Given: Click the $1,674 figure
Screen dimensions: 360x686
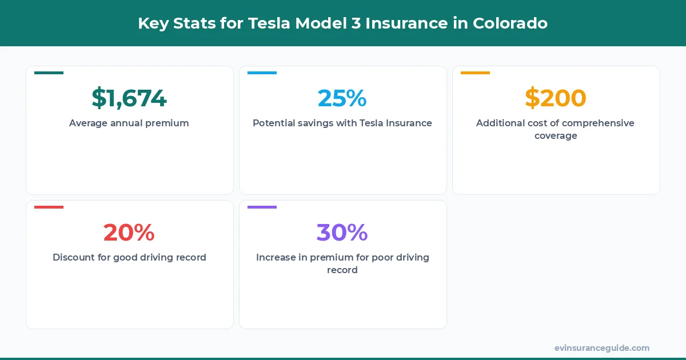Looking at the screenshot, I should pyautogui.click(x=129, y=98).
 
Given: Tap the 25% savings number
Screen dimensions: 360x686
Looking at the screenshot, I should pyautogui.click(x=342, y=98).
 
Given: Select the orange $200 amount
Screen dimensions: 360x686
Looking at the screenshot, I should pyautogui.click(x=556, y=98).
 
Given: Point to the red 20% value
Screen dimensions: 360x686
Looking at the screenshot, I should pyautogui.click(x=129, y=233).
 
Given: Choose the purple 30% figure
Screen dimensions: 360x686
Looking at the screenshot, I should pyautogui.click(x=342, y=233).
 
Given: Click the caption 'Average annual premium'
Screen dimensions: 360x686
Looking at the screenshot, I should pyautogui.click(x=129, y=123).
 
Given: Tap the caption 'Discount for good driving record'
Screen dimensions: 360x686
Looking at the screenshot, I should pyautogui.click(x=129, y=257).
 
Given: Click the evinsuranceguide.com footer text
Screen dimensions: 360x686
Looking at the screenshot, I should pyautogui.click(x=601, y=347).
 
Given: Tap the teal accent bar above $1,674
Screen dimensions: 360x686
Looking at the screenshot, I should pyautogui.click(x=49, y=73).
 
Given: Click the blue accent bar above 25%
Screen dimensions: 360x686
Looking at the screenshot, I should pyautogui.click(x=262, y=73).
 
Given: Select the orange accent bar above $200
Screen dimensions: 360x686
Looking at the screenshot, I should pyautogui.click(x=475, y=73).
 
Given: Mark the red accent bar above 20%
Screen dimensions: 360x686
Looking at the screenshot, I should pyautogui.click(x=49, y=207).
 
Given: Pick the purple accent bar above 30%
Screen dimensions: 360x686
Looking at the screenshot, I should pyautogui.click(x=262, y=207).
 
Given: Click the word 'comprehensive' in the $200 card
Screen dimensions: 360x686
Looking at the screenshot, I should pyautogui.click(x=598, y=123).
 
